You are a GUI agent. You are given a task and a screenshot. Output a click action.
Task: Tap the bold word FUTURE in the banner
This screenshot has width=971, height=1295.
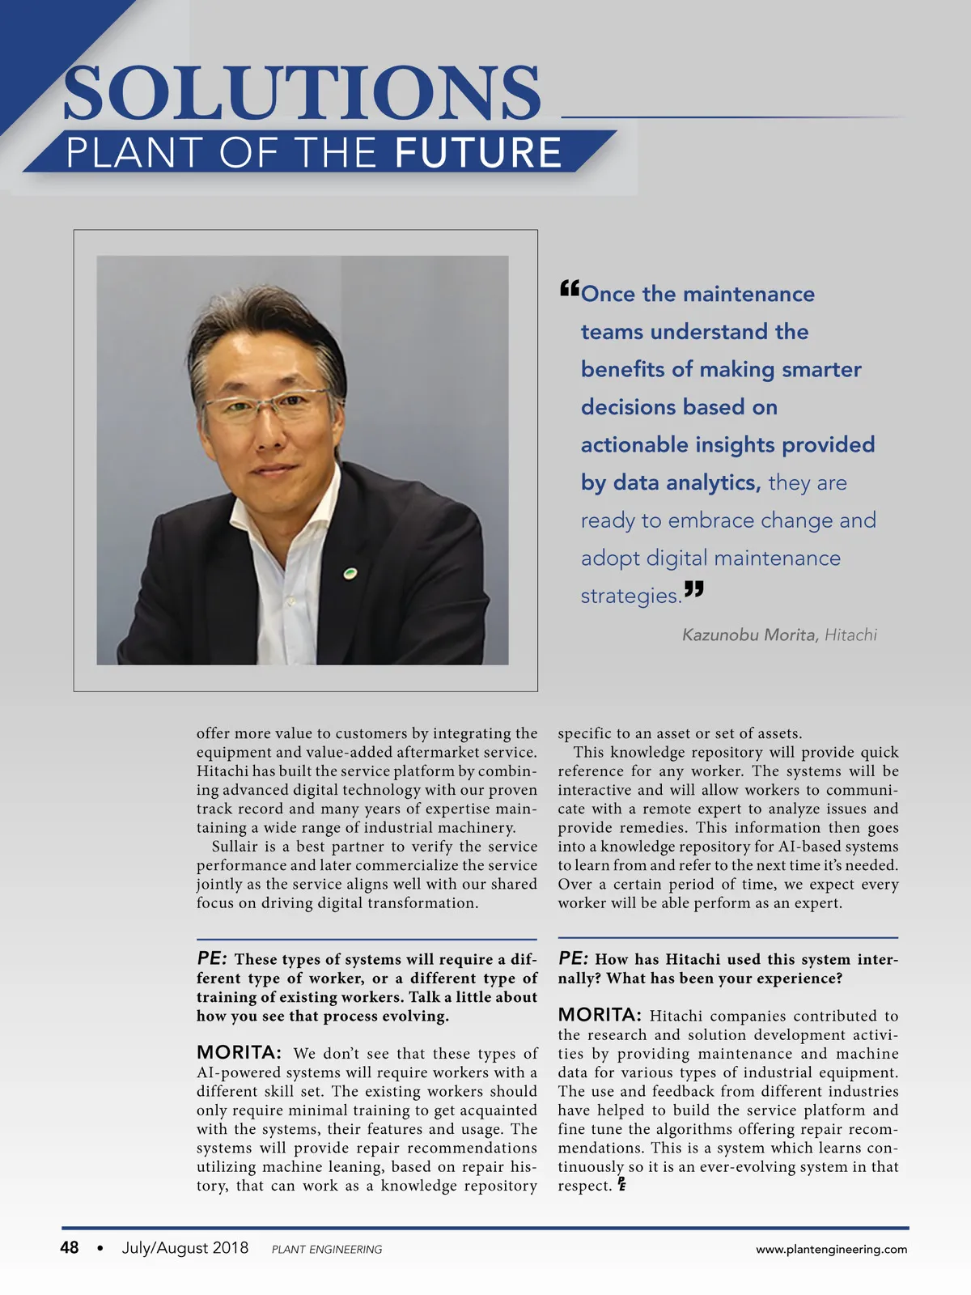[x=479, y=153]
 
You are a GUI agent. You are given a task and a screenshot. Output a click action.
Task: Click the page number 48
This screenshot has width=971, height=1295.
[x=70, y=1247]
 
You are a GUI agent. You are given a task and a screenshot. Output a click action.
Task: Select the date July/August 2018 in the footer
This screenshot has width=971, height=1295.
[x=185, y=1247]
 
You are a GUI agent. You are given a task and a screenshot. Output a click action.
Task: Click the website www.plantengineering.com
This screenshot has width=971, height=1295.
[x=831, y=1249]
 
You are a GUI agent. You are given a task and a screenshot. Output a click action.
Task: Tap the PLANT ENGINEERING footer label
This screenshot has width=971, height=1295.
[x=327, y=1250]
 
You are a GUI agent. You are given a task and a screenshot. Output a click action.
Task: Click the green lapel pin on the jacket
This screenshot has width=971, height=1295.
[x=350, y=573]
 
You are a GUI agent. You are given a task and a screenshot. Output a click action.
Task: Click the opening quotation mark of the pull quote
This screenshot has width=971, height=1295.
[x=569, y=288]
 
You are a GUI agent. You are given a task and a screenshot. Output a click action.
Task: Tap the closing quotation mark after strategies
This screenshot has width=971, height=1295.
[x=694, y=589]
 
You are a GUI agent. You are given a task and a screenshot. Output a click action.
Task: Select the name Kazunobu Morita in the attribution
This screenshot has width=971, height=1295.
[x=749, y=635]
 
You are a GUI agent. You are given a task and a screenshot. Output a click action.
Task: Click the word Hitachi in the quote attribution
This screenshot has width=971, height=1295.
[x=850, y=635]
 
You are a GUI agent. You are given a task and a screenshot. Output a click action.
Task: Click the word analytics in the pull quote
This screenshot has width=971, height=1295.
[x=711, y=482]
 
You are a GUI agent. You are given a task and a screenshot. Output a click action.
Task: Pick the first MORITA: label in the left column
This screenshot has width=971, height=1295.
[x=239, y=1052]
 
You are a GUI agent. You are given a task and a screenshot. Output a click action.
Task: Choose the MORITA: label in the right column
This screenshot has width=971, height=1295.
[x=600, y=1015]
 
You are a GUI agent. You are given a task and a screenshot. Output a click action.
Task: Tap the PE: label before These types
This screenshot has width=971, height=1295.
[x=211, y=958]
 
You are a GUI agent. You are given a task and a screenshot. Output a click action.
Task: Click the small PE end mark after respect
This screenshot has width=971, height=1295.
[x=621, y=1184]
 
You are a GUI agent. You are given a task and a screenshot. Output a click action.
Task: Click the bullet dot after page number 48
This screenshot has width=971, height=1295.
[x=100, y=1248]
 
